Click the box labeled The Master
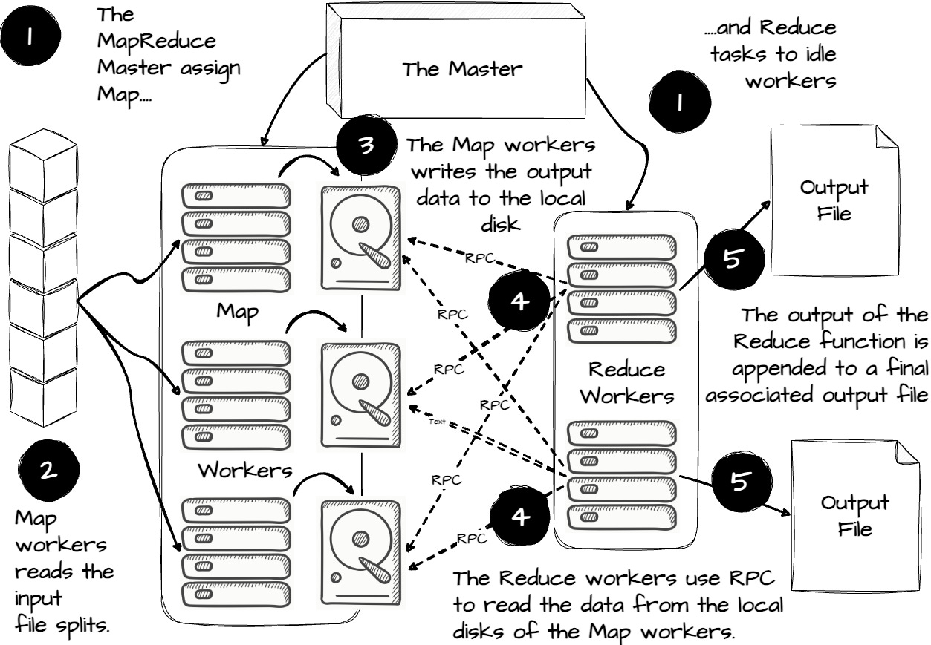pyautogui.click(x=461, y=70)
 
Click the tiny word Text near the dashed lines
pyautogui.click(x=437, y=422)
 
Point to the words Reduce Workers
pyautogui.click(x=626, y=382)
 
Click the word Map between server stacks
pyautogui.click(x=237, y=311)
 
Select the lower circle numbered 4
pyautogui.click(x=521, y=517)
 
